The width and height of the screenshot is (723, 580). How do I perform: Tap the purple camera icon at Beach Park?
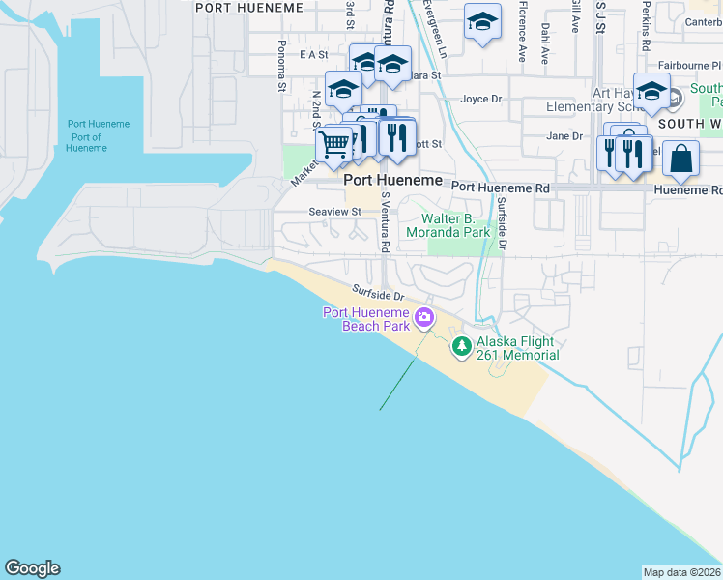tap(423, 317)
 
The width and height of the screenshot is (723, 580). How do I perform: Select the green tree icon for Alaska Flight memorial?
tap(462, 345)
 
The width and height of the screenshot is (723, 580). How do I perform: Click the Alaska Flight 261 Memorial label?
tap(517, 348)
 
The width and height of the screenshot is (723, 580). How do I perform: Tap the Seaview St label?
tap(334, 211)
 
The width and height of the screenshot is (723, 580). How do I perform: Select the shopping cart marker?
tap(333, 145)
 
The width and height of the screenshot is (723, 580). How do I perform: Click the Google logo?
tap(32, 568)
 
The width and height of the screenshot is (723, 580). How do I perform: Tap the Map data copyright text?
tap(681, 571)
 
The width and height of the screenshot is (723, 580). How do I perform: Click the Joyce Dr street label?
tap(481, 99)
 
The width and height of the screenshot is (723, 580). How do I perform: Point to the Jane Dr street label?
tap(564, 136)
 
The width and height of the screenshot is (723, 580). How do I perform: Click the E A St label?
tap(314, 55)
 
